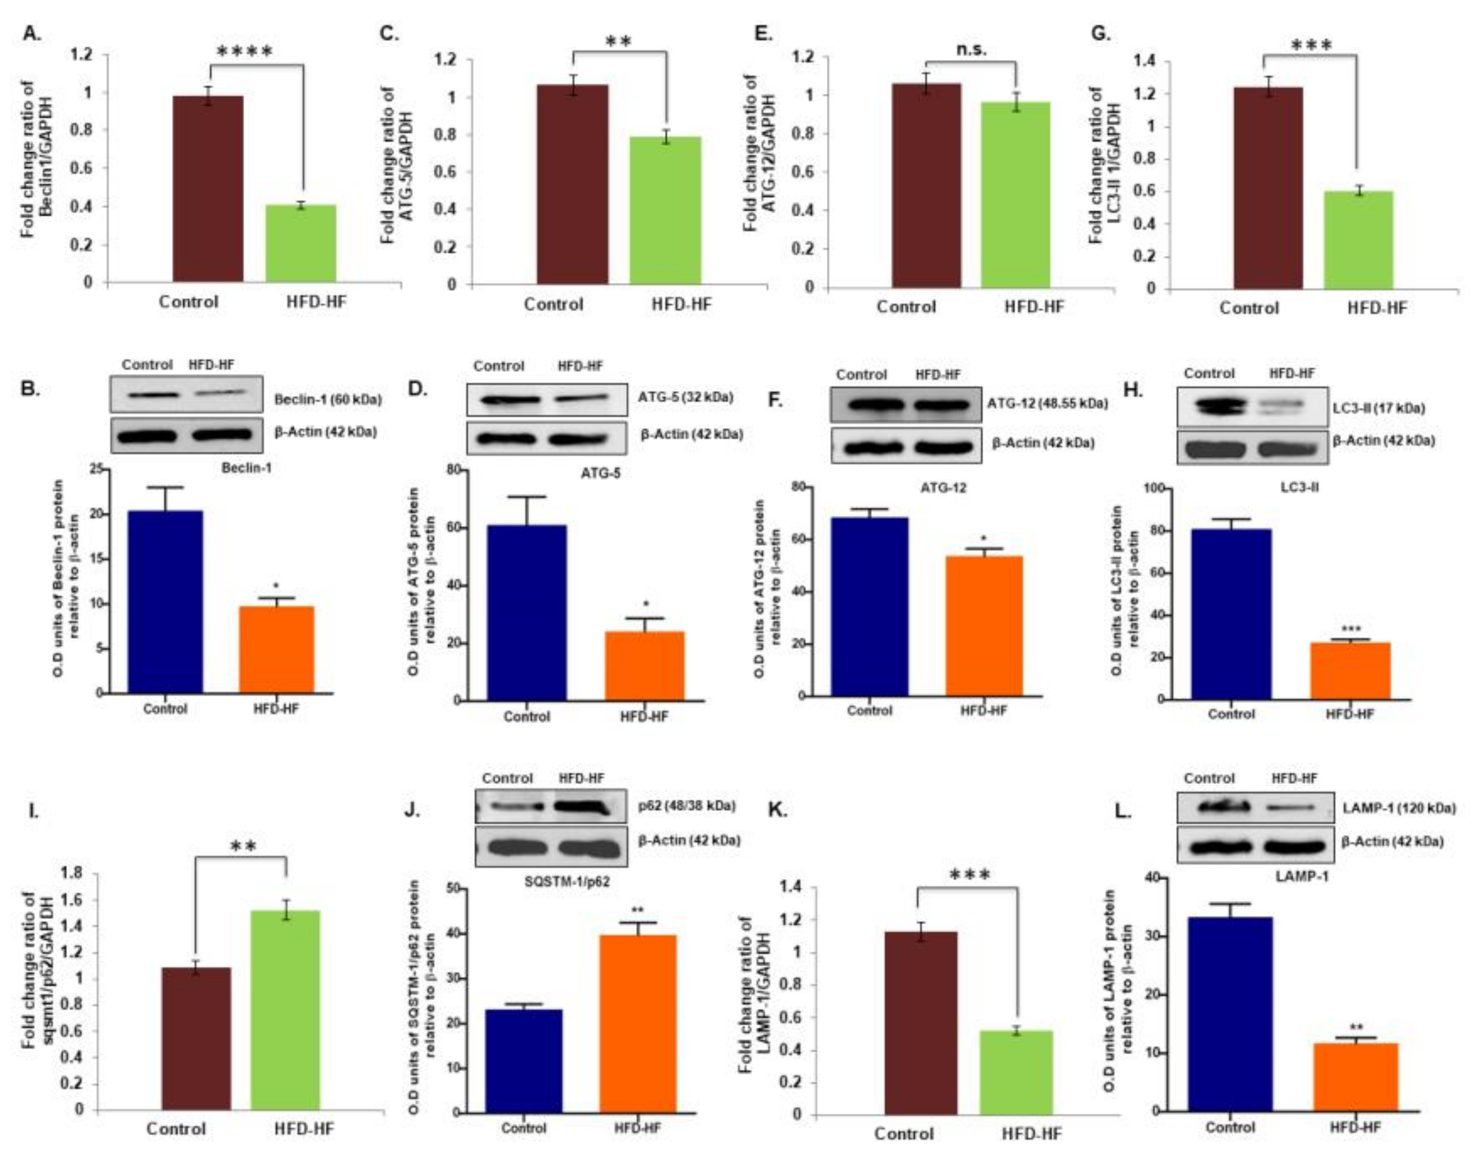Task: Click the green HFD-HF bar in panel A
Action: tap(300, 244)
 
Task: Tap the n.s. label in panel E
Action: tap(971, 49)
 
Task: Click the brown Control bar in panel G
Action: tap(1268, 189)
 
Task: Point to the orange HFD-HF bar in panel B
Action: tap(277, 649)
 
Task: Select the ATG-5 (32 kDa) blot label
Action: tap(685, 397)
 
